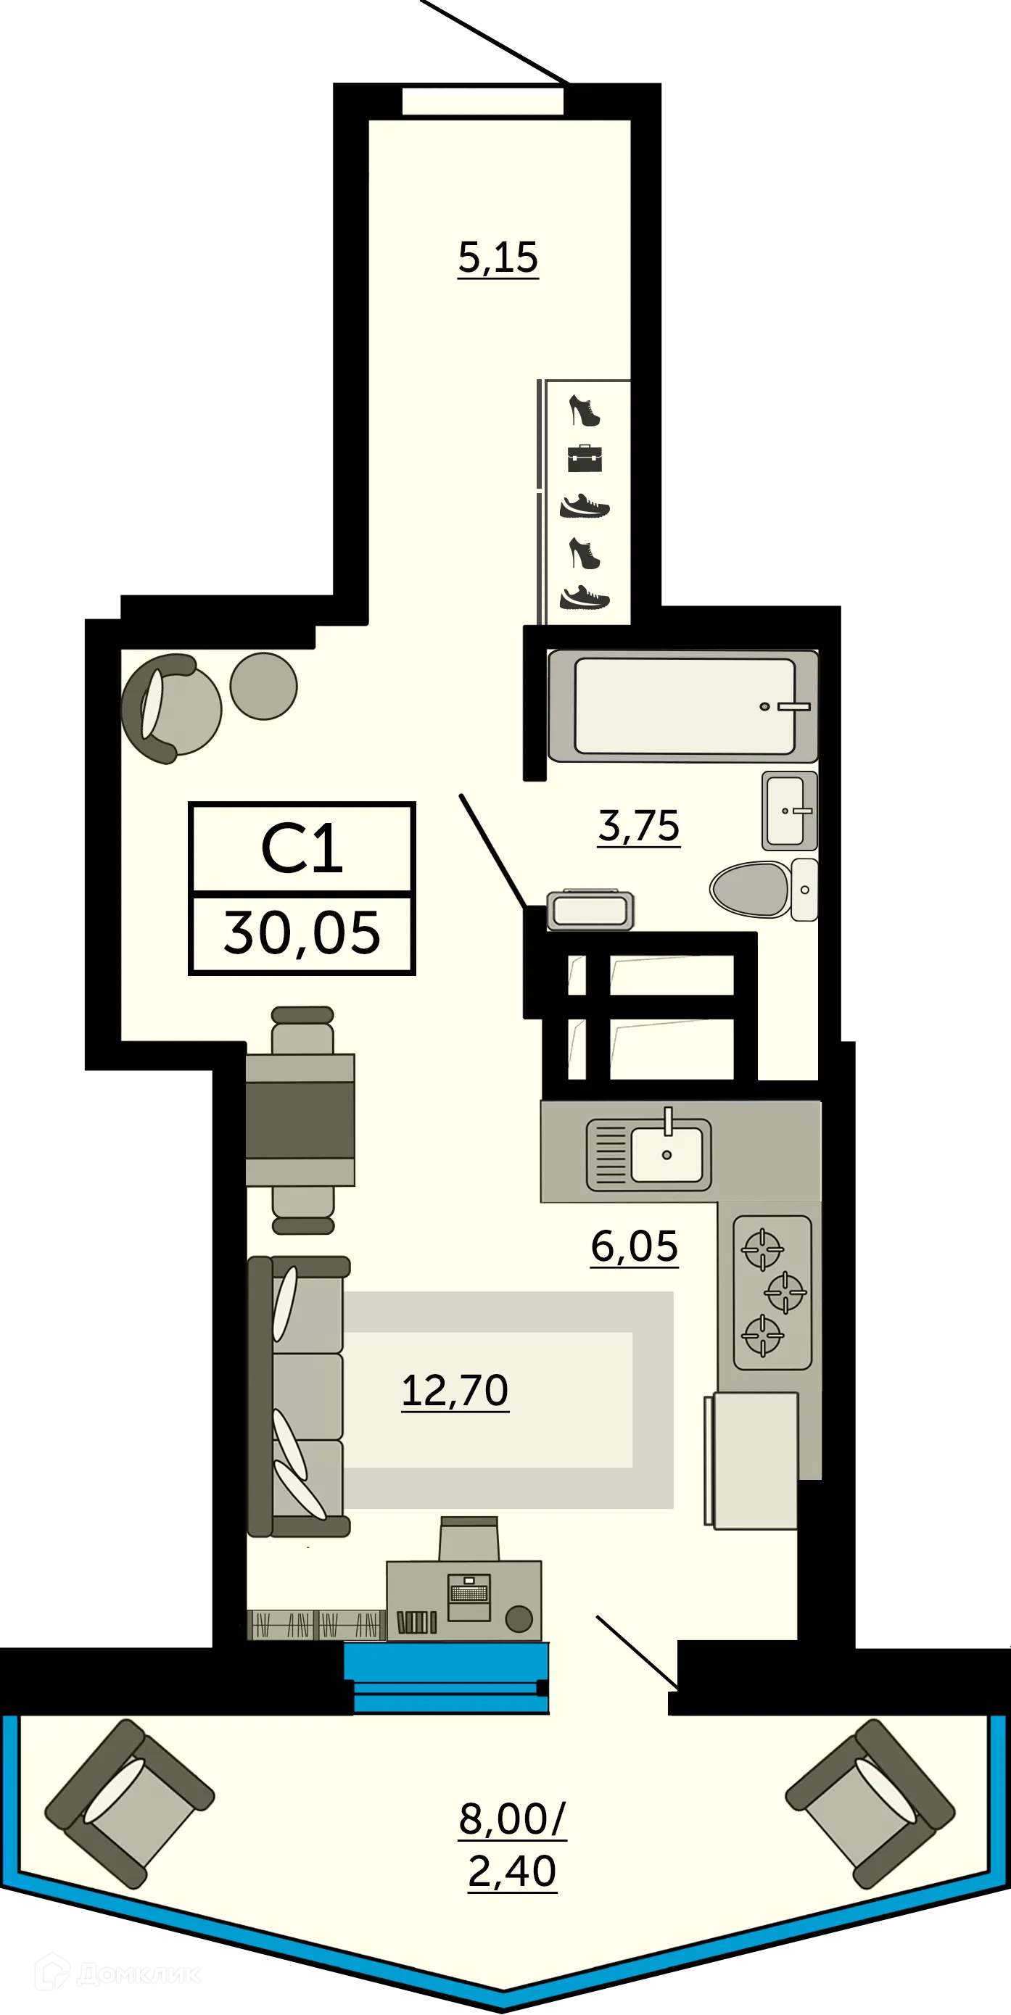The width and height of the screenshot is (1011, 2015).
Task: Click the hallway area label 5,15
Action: pos(498,257)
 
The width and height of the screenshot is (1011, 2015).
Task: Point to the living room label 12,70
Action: pos(455,1390)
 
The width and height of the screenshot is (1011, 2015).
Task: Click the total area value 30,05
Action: pos(302,934)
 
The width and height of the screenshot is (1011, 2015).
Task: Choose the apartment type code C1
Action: pos(302,850)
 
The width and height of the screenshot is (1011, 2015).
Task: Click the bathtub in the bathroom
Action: pos(684,706)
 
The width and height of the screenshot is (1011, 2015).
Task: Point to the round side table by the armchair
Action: pos(264,686)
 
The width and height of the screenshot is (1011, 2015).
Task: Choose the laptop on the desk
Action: pos(469,1597)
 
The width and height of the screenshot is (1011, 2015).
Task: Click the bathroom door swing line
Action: pos(492,850)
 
